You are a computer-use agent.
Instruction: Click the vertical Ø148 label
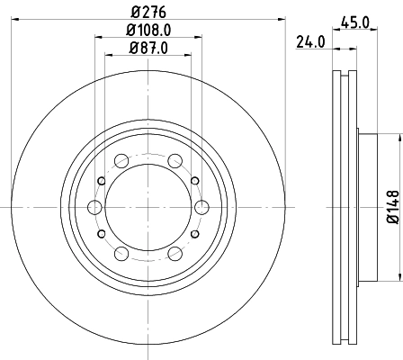click(392, 205)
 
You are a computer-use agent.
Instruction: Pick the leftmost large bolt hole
click(94, 208)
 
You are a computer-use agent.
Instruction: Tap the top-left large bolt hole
click(121, 162)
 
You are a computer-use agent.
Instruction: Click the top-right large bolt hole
click(173, 162)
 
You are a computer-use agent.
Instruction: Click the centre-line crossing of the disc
click(147, 208)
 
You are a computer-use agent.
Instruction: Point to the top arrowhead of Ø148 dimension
click(397, 139)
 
